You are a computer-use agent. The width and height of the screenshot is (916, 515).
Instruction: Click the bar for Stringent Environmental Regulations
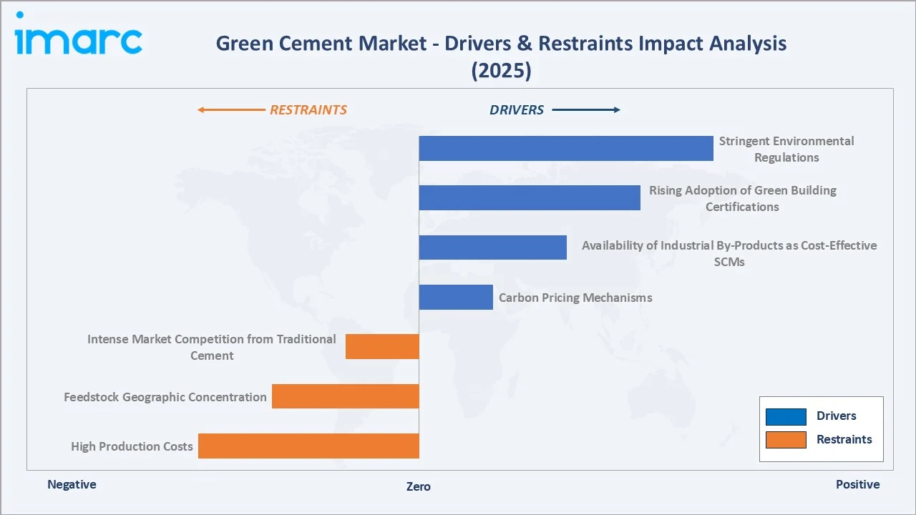(565, 148)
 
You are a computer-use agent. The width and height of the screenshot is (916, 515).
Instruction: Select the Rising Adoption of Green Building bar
(529, 197)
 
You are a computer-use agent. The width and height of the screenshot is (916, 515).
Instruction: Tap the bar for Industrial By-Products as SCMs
(492, 247)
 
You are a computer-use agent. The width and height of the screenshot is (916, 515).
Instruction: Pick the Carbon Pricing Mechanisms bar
(456, 297)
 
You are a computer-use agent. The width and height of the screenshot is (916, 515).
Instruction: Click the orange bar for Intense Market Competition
(382, 346)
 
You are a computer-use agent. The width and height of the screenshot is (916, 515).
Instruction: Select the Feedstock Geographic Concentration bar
(345, 396)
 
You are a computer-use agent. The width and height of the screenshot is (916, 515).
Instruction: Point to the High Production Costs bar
(308, 446)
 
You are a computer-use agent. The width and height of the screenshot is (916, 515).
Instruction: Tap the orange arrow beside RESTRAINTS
(230, 110)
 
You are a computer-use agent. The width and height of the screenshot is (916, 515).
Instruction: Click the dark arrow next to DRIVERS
(586, 110)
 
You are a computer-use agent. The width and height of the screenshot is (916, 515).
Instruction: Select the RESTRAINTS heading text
(308, 110)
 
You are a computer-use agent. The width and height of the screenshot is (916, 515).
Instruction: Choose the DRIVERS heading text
(517, 110)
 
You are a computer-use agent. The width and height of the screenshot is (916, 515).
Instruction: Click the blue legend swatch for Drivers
(786, 416)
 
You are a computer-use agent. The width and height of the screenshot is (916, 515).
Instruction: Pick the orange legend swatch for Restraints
(786, 440)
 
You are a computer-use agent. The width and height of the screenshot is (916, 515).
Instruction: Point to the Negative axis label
(72, 484)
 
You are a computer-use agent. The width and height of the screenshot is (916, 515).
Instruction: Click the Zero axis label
(419, 486)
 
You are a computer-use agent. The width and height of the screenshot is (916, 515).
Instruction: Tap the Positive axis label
(857, 484)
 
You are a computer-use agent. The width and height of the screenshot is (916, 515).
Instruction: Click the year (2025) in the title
(501, 71)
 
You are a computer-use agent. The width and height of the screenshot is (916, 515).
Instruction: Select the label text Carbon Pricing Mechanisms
(575, 298)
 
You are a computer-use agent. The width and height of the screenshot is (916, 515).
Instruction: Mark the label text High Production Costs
(132, 446)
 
